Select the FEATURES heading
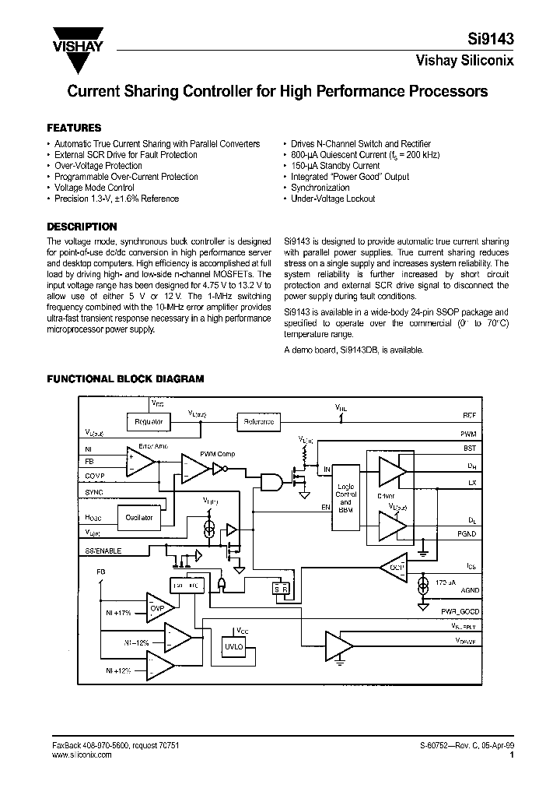74,128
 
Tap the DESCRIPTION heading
82,227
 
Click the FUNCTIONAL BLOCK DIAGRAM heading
125,379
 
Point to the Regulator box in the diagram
149,421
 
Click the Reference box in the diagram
258,421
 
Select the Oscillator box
139,516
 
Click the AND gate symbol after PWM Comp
272,481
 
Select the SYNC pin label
93,492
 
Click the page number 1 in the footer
511,754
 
